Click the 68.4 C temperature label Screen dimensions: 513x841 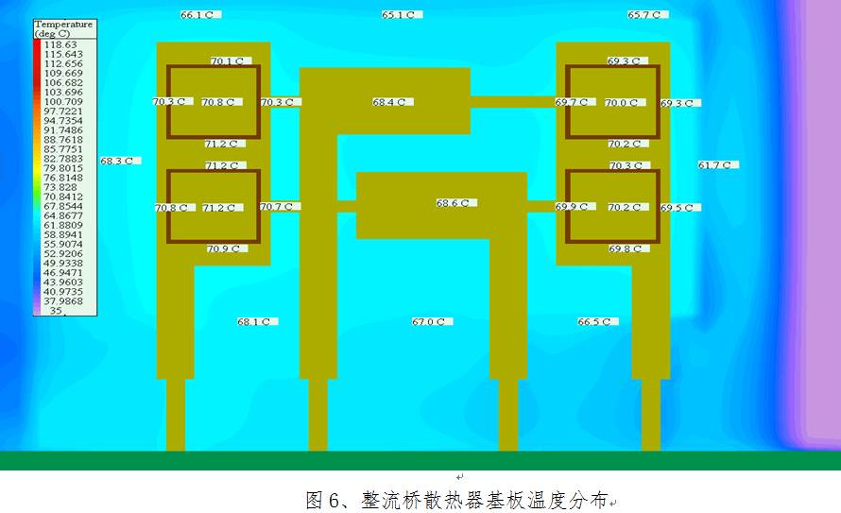click(x=390, y=102)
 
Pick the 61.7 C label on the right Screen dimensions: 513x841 click(x=716, y=165)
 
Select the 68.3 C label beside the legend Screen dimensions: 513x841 click(x=118, y=162)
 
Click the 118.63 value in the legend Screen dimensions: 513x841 click(x=60, y=44)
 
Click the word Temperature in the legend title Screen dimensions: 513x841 click(x=63, y=24)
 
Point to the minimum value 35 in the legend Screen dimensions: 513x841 click(x=56, y=311)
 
